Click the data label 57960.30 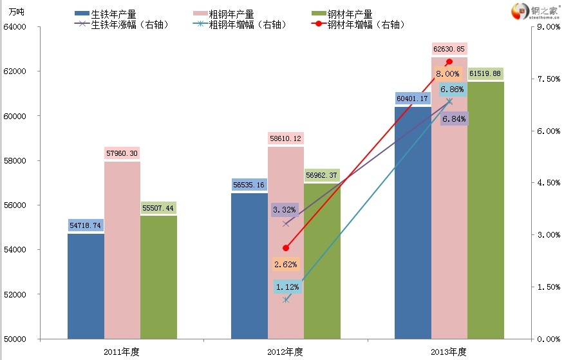click(x=122, y=153)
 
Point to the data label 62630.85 click(x=449, y=49)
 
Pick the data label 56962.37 click(x=322, y=175)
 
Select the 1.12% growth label click(x=286, y=287)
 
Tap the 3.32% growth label click(x=284, y=209)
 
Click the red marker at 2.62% click(x=286, y=248)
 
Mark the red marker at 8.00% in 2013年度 click(x=449, y=62)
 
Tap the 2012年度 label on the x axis click(x=285, y=352)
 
